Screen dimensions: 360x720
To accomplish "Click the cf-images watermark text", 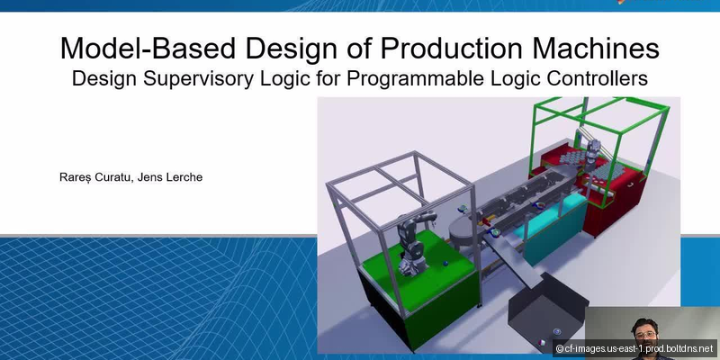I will [x=640, y=348].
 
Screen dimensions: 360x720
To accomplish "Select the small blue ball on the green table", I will [x=445, y=264].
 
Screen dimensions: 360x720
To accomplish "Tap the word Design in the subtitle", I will [x=105, y=78].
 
